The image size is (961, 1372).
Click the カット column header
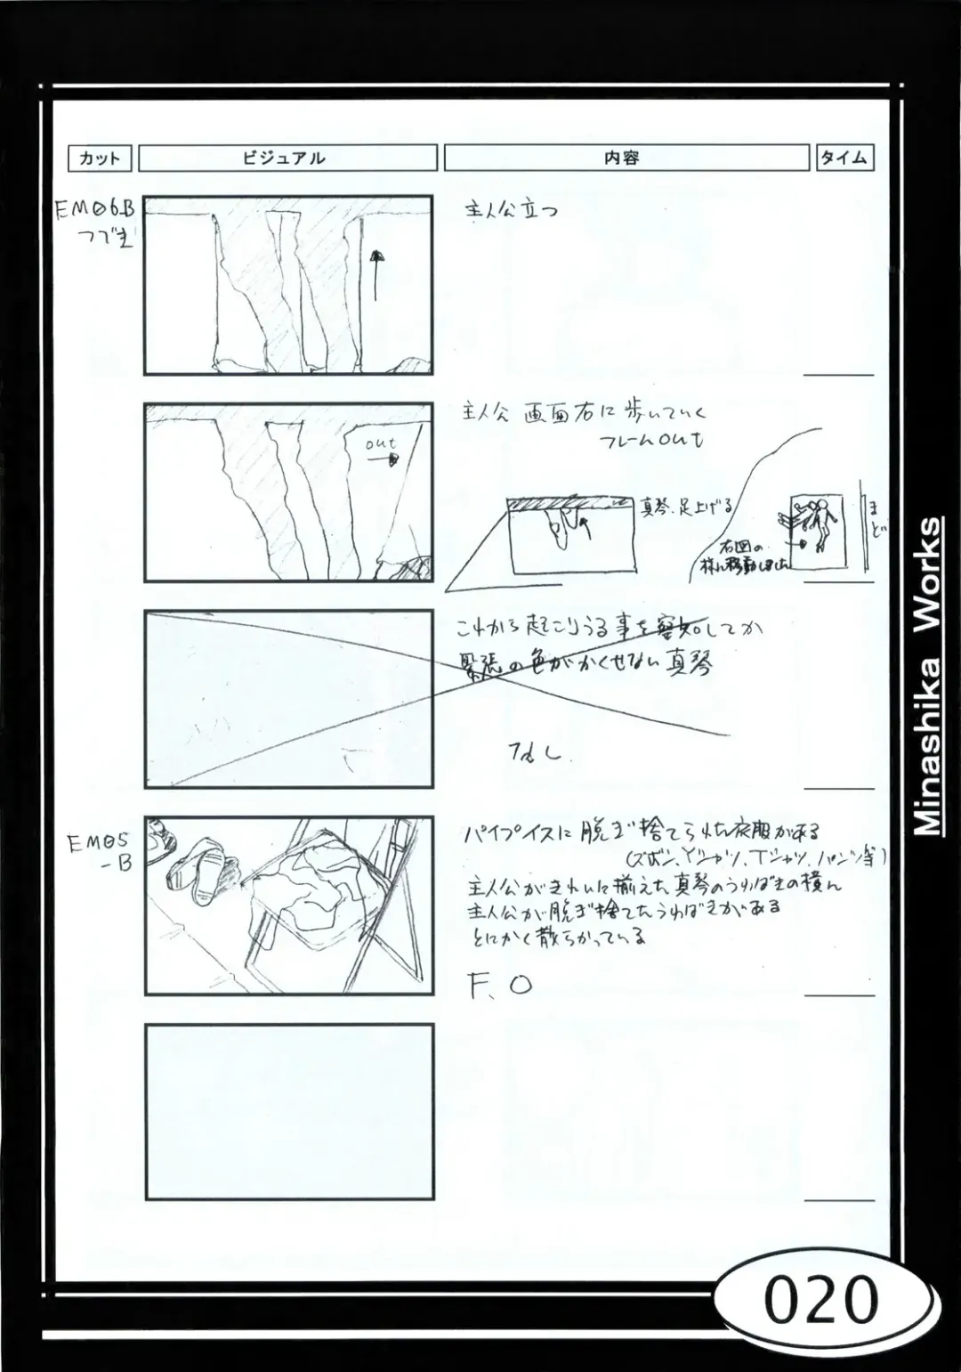pyautogui.click(x=100, y=158)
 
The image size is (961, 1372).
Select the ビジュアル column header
pyautogui.click(x=287, y=158)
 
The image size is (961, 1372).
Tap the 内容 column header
pyautogui.click(x=626, y=158)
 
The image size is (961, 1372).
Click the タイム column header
pyautogui.click(x=844, y=158)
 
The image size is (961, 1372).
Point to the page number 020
pyautogui.click(x=820, y=1301)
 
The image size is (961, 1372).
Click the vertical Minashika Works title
pyautogui.click(x=927, y=677)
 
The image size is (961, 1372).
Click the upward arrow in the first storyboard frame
pyautogui.click(x=376, y=276)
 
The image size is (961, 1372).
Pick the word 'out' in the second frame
pyautogui.click(x=381, y=443)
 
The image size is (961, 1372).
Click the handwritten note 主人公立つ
pyautogui.click(x=512, y=211)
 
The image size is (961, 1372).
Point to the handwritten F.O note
pyautogui.click(x=499, y=985)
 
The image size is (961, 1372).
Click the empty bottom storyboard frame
pyautogui.click(x=289, y=1111)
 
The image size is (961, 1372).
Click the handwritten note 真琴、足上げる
pyautogui.click(x=685, y=507)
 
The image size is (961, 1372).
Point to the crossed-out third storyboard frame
pyautogui.click(x=289, y=699)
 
